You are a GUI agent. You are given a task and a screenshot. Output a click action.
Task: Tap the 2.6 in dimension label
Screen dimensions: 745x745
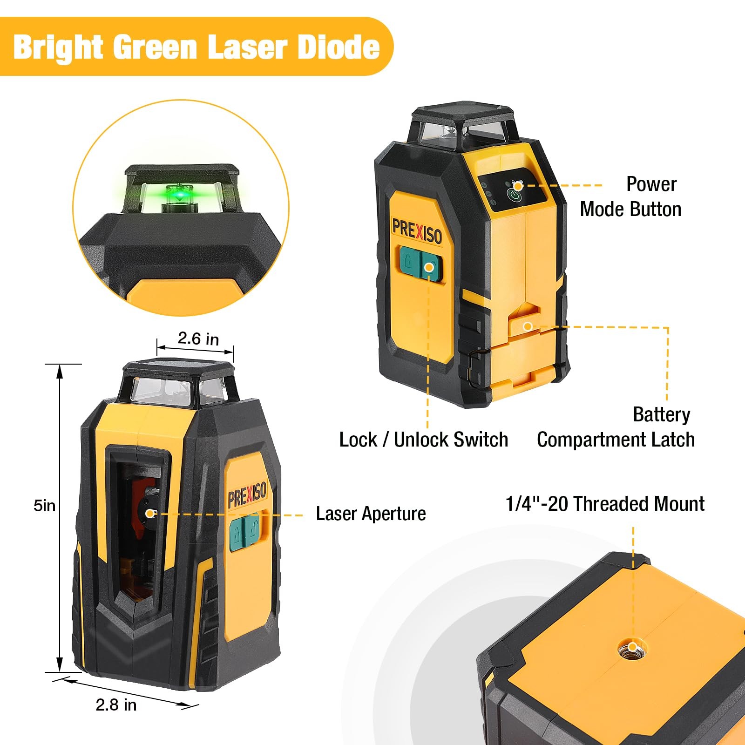198,339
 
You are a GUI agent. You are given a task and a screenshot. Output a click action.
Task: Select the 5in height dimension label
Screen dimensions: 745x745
44,505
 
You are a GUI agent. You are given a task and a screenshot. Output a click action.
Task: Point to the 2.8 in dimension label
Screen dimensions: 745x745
116,704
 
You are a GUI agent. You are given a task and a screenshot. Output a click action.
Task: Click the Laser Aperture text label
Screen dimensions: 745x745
371,514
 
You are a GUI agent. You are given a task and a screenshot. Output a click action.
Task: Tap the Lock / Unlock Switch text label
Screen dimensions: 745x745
423,440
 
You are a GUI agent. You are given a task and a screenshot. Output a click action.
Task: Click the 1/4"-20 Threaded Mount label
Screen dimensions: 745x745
605,504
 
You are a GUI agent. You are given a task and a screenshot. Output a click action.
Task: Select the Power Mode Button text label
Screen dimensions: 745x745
631,196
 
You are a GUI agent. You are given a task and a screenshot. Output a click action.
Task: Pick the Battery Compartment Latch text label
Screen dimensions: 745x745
616,427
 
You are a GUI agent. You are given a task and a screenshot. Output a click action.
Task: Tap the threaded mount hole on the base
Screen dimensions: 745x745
632,648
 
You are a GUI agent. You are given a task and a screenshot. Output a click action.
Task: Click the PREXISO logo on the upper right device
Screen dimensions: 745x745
417,231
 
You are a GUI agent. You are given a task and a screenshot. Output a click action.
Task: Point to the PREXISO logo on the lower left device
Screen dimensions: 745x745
247,494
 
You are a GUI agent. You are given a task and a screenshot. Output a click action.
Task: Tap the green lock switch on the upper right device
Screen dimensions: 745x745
419,264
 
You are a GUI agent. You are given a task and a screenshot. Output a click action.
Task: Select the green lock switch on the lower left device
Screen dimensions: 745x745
244,531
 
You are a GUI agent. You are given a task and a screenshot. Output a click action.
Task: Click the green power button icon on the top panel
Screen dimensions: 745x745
514,195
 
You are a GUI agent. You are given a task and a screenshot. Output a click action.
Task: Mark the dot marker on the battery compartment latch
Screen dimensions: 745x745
528,326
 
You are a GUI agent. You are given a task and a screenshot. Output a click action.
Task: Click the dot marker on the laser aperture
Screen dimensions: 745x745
149,513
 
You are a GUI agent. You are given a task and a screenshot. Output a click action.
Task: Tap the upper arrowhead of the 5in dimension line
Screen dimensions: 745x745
60,370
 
